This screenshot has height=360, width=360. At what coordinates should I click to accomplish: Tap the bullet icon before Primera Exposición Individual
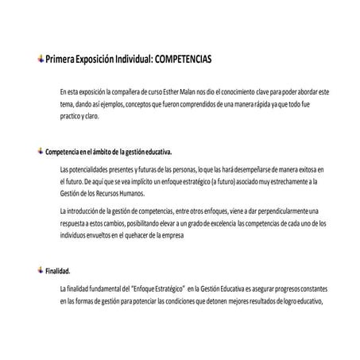[x=41, y=59]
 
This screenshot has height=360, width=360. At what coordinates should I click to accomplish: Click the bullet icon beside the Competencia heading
[x=41, y=150]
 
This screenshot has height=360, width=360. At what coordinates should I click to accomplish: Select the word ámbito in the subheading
[x=99, y=151]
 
